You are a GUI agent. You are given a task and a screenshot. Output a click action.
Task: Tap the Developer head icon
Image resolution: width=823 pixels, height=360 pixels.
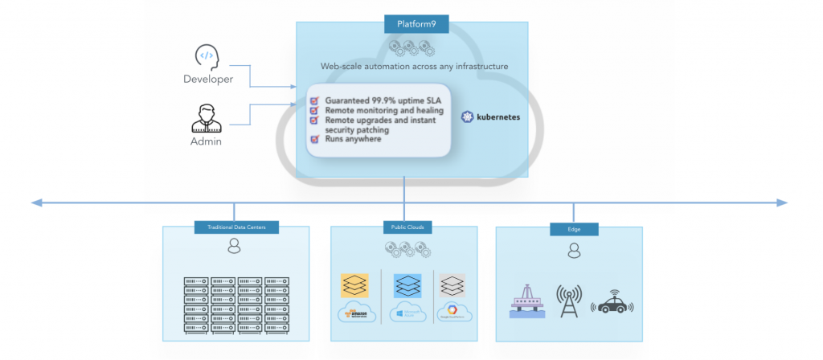click(x=207, y=57)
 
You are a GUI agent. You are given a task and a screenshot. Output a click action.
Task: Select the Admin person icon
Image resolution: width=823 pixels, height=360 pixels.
click(x=206, y=117)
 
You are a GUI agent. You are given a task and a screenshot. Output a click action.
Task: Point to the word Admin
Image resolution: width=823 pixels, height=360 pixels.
click(x=206, y=141)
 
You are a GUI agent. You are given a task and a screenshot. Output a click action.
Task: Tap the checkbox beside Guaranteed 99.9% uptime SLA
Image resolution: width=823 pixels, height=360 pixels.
click(x=315, y=100)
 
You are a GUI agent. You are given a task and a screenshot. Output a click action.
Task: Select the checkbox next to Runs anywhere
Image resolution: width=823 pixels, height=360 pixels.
click(x=315, y=139)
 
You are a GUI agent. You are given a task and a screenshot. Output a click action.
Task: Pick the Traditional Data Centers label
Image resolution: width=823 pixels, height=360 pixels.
click(x=235, y=228)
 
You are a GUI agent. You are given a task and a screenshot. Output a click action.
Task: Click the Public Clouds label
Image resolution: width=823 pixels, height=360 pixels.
click(x=403, y=228)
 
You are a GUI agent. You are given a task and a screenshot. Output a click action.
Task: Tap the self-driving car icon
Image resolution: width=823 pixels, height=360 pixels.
click(x=612, y=304)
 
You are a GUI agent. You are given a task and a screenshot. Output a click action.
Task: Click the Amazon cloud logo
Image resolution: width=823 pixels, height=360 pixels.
click(x=357, y=312)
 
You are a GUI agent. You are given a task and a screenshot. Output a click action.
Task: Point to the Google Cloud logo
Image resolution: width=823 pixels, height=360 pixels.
click(x=453, y=312)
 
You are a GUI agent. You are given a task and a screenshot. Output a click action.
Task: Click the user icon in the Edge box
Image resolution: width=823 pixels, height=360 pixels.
click(x=574, y=252)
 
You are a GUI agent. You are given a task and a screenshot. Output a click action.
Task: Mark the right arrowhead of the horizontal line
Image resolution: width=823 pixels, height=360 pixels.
click(x=783, y=203)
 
